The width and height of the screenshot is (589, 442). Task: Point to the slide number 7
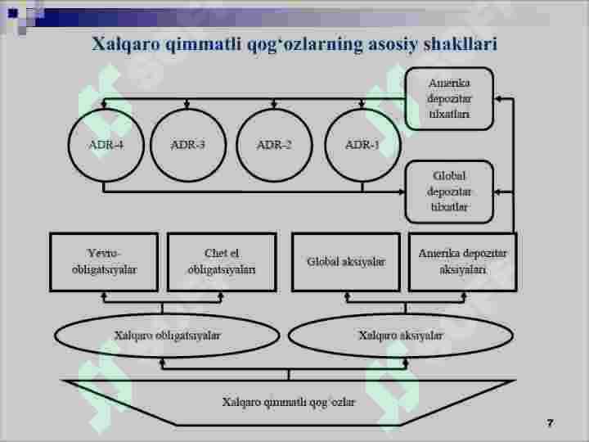(x=551, y=423)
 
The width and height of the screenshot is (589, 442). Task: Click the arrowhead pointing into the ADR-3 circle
(x=187, y=105)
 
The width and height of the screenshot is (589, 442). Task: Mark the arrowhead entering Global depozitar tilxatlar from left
(x=402, y=192)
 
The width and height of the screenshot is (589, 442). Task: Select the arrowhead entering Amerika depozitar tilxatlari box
(x=498, y=99)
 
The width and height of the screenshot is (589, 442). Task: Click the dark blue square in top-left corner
(x=13, y=14)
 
